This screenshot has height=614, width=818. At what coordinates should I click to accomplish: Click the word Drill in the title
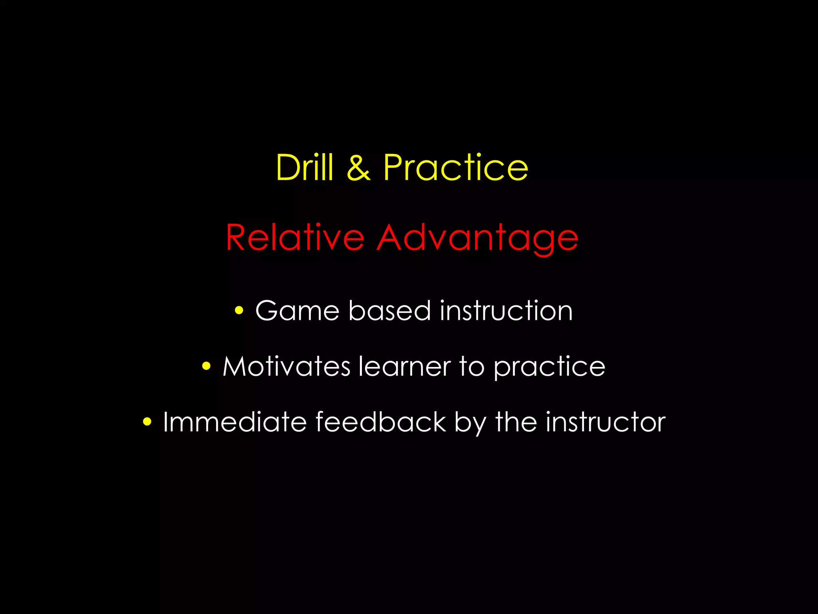[304, 167]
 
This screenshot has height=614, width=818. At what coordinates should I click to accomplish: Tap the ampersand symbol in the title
[358, 168]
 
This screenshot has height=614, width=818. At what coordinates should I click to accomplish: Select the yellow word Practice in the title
[456, 167]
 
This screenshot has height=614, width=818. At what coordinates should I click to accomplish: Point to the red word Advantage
[477, 238]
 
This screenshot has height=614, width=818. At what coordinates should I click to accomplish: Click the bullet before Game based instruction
[239, 310]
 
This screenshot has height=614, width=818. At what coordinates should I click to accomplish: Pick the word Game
[297, 310]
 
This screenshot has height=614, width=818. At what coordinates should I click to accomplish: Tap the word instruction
[506, 310]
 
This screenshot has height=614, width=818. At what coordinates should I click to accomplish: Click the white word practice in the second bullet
[549, 367]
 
